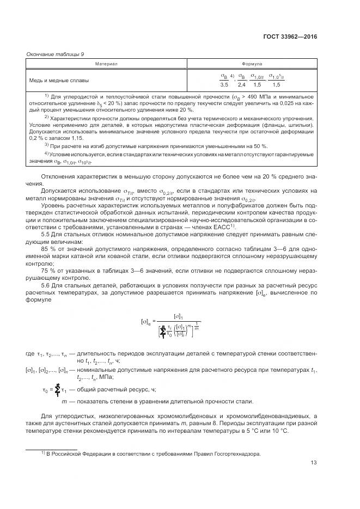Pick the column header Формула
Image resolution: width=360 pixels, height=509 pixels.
252,64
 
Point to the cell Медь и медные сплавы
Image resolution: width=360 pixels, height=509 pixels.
57,80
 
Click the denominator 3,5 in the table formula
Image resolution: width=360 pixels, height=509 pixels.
224,85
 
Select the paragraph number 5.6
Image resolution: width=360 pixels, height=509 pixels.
46,285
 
